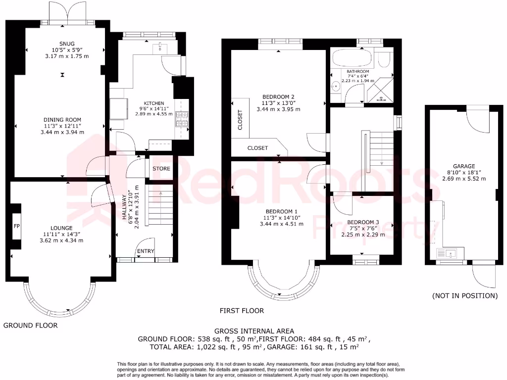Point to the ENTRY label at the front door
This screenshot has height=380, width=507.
pyautogui.click(x=146, y=251)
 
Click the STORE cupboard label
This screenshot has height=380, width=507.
pyautogui.click(x=161, y=169)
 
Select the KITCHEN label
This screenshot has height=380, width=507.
pyautogui.click(x=154, y=103)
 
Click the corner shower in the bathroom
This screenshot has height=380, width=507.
pyautogui.click(x=381, y=92)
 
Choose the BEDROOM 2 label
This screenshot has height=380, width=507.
pyautogui.click(x=278, y=97)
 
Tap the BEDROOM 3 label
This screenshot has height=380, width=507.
pyautogui.click(x=363, y=222)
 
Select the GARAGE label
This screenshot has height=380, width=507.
pyautogui.click(x=464, y=166)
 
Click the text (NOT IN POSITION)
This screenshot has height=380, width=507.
pyautogui.click(x=464, y=296)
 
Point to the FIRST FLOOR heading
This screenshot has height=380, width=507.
pyautogui.click(x=242, y=311)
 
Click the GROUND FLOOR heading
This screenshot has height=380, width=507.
pyautogui.click(x=31, y=326)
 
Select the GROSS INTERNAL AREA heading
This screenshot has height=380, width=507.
pyautogui.click(x=254, y=331)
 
